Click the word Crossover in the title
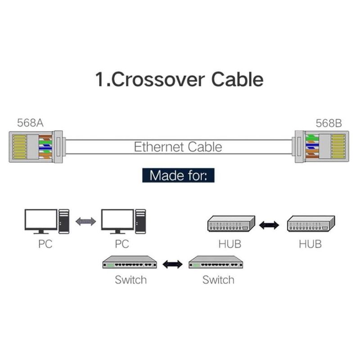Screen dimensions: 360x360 pyautogui.click(x=157, y=79)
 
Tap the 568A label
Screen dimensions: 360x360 pyautogui.click(x=30, y=123)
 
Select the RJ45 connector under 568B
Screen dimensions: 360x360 pyautogui.click(x=321, y=146)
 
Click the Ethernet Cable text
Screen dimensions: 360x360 pyautogui.click(x=178, y=147)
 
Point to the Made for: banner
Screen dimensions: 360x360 pyautogui.click(x=178, y=175)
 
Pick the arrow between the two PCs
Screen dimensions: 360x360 pyautogui.click(x=86, y=221)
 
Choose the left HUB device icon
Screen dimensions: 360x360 pyautogui.click(x=230, y=224)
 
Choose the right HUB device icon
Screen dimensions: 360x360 pyautogui.click(x=310, y=224)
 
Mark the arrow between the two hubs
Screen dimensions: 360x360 pyautogui.click(x=270, y=224)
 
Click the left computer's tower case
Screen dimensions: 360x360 pyautogui.click(x=64, y=220)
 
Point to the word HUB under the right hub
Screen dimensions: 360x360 pyautogui.click(x=310, y=244)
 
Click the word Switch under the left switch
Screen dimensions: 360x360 pyautogui.click(x=130, y=280)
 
